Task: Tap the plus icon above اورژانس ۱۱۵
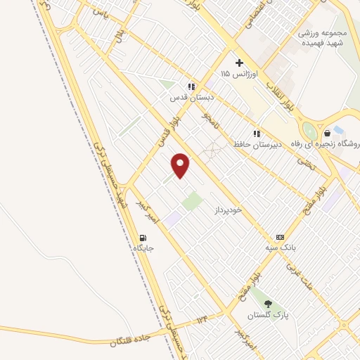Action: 239,63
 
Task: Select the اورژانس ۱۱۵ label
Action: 239,73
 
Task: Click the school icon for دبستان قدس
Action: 191,86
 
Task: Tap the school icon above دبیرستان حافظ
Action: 257,133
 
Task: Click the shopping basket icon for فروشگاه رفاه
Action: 327,133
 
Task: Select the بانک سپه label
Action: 281,248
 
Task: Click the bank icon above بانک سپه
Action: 281,237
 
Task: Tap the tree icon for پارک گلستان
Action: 269,304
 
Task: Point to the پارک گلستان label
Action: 269,315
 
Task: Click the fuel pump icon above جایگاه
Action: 143,238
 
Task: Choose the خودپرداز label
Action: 230,210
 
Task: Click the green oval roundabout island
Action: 308,131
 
